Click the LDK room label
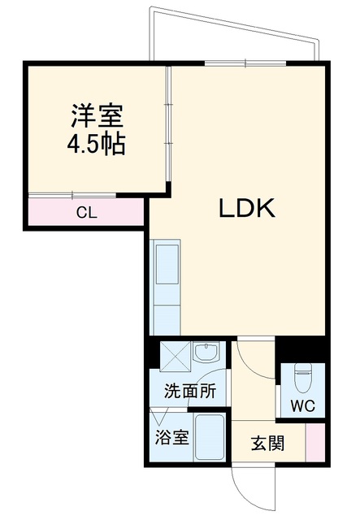tap(247, 208)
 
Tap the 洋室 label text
tap(97, 115)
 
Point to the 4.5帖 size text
tap(96, 145)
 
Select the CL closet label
tap(87, 213)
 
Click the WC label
tap(302, 405)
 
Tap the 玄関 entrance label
tap(267, 443)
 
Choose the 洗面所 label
tap(190, 391)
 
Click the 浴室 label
tap(171, 437)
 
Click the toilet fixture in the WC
tap(302, 378)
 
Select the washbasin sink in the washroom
tap(206, 352)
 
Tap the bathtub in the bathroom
tap(210, 437)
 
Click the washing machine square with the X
tap(176, 356)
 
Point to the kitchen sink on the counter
tap(167, 264)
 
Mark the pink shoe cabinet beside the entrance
tap(315, 442)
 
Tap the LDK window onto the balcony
tap(245, 63)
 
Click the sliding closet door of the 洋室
tap(72, 195)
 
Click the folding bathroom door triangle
tap(159, 416)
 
